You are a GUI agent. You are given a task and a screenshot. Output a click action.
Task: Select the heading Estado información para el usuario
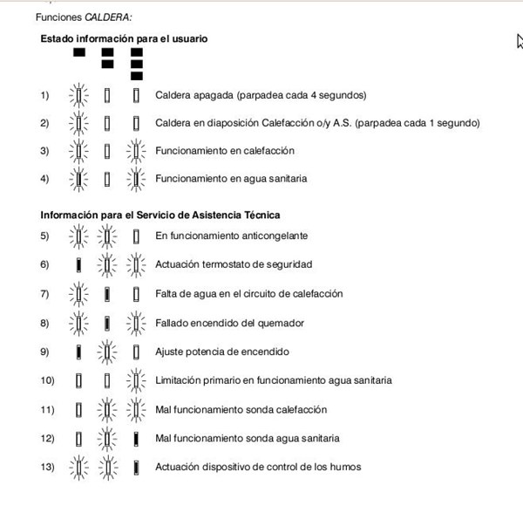click(x=124, y=39)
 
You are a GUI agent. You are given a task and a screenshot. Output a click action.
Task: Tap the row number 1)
click(x=45, y=95)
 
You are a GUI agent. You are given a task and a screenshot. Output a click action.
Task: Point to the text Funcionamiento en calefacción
click(x=225, y=151)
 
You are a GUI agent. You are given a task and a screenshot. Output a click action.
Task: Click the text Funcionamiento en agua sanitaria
click(x=231, y=179)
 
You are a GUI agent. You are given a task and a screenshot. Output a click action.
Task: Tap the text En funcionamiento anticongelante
click(x=231, y=236)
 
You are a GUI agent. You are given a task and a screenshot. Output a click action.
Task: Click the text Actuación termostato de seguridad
click(x=234, y=264)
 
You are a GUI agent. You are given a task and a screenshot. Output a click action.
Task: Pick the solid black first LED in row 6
click(x=78, y=264)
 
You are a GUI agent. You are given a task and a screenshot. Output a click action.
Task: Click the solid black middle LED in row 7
click(x=107, y=293)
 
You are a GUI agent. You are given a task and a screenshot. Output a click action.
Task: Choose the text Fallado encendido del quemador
click(x=229, y=323)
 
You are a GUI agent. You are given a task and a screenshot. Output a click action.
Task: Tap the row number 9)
click(x=45, y=352)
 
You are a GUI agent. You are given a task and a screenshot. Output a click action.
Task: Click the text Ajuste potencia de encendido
click(x=222, y=352)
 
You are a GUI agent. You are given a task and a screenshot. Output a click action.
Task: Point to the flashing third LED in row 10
click(x=136, y=380)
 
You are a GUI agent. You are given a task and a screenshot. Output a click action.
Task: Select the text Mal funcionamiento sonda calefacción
click(x=241, y=409)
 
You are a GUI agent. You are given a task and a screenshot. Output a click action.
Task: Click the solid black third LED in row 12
click(x=136, y=438)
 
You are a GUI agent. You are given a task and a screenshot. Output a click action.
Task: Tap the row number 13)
click(x=47, y=467)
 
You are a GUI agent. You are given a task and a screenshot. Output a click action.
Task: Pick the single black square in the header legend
click(x=79, y=53)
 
